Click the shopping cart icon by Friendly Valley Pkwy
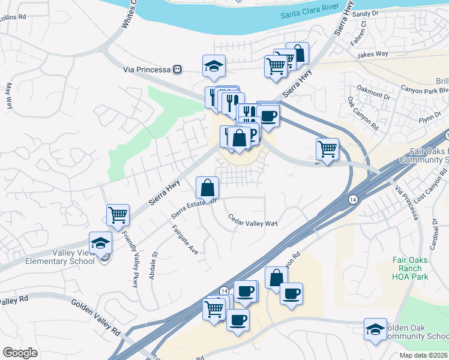[x=118, y=214]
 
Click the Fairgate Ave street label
[x=184, y=239]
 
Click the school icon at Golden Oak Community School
[x=376, y=329]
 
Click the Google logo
[x=20, y=353]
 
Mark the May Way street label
[x=9, y=95]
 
